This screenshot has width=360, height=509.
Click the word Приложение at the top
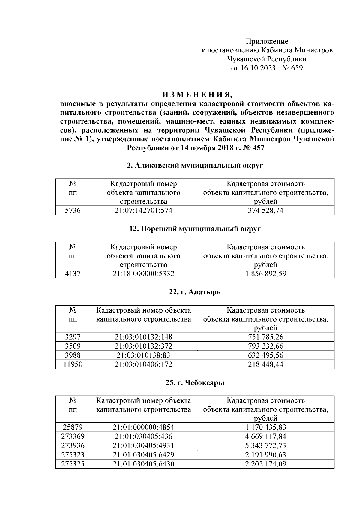(267, 41)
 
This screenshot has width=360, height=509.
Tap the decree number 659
(297, 68)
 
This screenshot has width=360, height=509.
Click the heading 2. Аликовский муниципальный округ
(195, 165)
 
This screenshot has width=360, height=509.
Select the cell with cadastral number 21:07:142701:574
(143, 211)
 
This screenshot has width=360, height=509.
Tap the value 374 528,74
(265, 211)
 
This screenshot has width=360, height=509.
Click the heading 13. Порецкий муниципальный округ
(195, 229)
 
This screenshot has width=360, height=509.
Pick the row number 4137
(73, 274)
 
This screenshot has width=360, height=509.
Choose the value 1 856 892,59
(265, 274)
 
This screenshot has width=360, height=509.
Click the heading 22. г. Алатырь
(195, 292)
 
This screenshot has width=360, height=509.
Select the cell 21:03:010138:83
(143, 355)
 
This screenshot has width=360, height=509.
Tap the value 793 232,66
(265, 346)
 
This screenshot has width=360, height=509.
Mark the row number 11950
(73, 364)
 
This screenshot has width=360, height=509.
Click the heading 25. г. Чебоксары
(195, 383)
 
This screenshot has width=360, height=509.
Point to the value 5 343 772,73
(265, 445)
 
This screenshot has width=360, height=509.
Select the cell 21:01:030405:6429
(143, 454)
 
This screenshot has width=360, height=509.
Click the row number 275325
(73, 464)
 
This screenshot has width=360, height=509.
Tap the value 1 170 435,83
(265, 427)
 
